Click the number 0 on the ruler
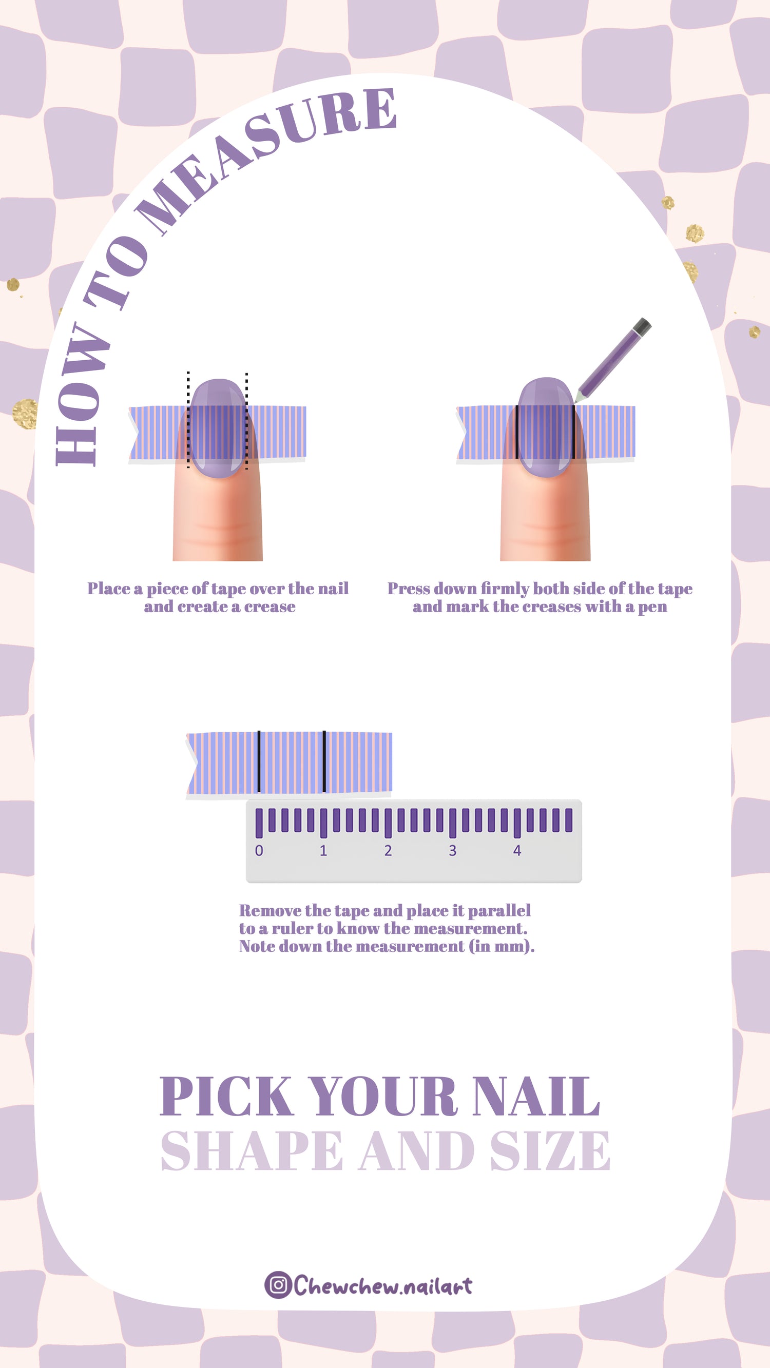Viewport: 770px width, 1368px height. pyautogui.click(x=259, y=850)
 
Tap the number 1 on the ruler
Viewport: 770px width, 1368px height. pyautogui.click(x=323, y=850)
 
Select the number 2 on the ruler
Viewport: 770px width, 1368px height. pyautogui.click(x=388, y=850)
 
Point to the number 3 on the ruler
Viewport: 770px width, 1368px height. pyautogui.click(x=452, y=850)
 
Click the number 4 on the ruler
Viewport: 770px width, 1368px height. pyautogui.click(x=517, y=850)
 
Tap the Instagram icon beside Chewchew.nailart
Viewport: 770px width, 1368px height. pyautogui.click(x=278, y=1285)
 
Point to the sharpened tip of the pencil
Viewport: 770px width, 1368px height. pyautogui.click(x=576, y=401)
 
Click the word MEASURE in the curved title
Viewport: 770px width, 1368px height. pyautogui.click(x=266, y=159)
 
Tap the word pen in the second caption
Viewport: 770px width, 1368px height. pyautogui.click(x=652, y=607)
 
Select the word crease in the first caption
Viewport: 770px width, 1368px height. pyautogui.click(x=270, y=607)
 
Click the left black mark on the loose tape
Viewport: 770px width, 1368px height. pyautogui.click(x=259, y=761)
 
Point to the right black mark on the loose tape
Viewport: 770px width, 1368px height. pyautogui.click(x=324, y=761)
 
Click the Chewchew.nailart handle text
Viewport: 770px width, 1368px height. pyautogui.click(x=382, y=1285)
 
